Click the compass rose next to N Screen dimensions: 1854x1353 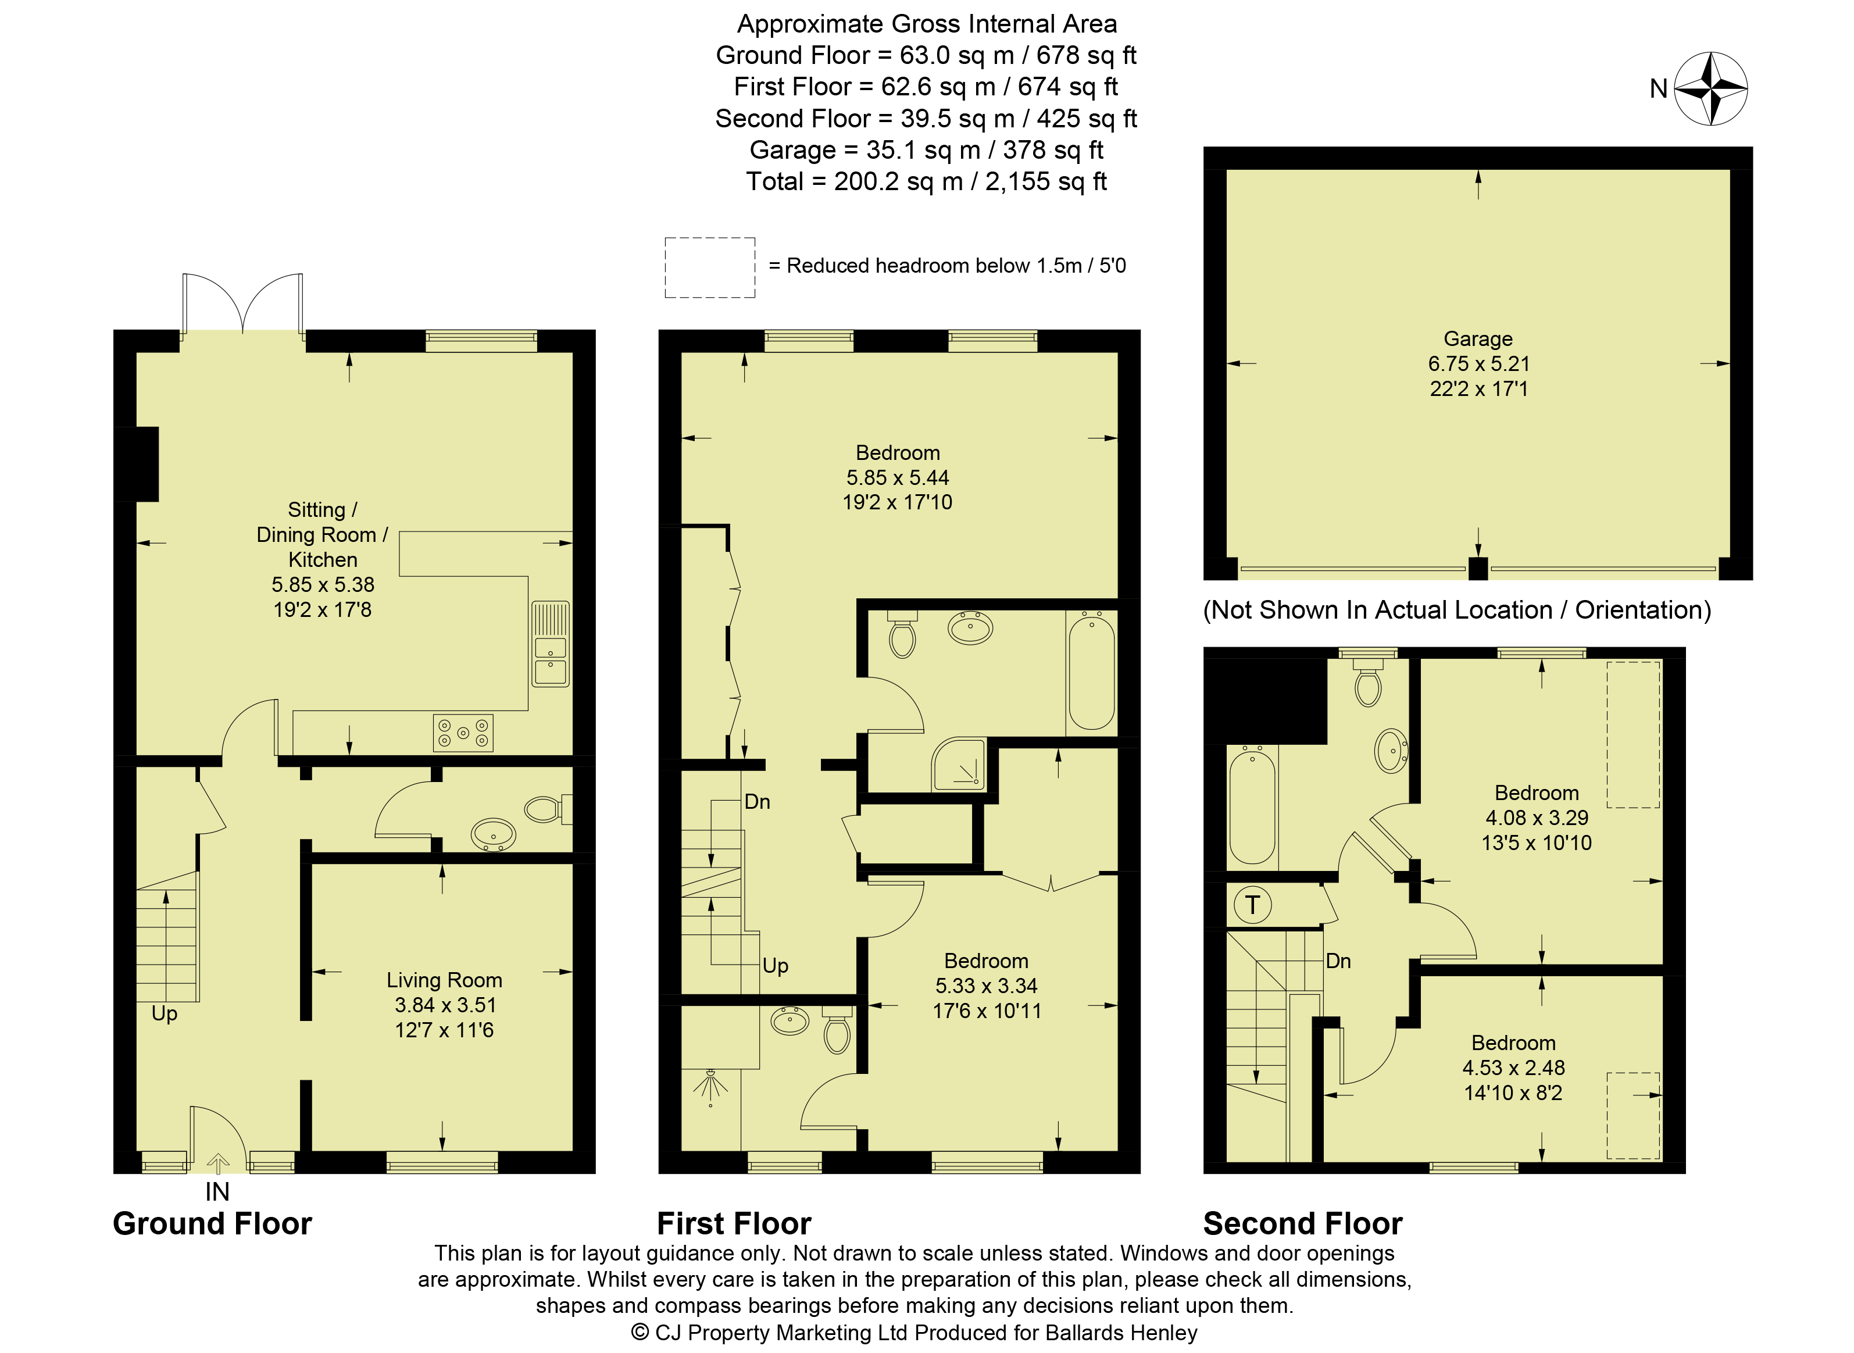[1711, 88]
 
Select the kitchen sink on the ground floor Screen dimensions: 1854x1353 [551, 644]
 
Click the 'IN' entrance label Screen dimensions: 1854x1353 [217, 1192]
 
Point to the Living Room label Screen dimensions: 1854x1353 [444, 980]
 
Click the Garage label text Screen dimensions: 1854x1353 [1478, 338]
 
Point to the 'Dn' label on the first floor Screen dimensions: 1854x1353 [758, 802]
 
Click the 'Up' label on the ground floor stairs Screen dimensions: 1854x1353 [165, 1014]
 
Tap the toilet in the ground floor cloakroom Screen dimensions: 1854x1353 [547, 809]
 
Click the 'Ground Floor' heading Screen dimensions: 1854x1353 [212, 1223]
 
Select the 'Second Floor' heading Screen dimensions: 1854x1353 [1303, 1223]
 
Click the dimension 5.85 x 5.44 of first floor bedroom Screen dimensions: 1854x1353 [898, 477]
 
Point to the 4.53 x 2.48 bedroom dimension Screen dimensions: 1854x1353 [1513, 1067]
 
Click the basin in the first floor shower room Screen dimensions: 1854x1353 [790, 1022]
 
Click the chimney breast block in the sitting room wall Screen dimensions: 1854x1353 [137, 463]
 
